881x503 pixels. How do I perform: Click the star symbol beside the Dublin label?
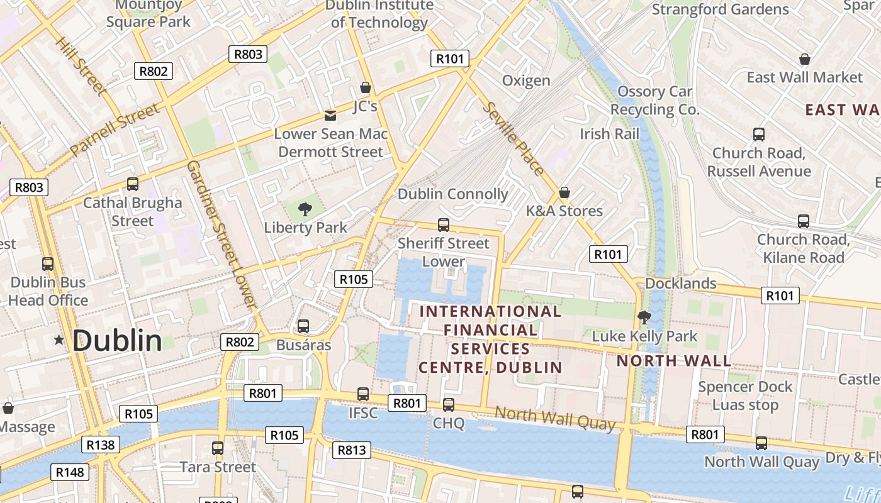pyautogui.click(x=59, y=340)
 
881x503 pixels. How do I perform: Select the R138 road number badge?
pyautogui.click(x=100, y=445)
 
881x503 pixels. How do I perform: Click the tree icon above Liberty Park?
pyautogui.click(x=305, y=209)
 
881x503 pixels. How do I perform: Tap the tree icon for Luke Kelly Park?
pyautogui.click(x=643, y=318)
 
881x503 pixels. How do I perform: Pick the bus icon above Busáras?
pyautogui.click(x=303, y=326)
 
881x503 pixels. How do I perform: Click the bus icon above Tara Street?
pyautogui.click(x=218, y=448)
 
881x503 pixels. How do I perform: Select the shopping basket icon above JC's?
pyautogui.click(x=365, y=87)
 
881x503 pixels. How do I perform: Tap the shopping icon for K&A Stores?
pyautogui.click(x=564, y=192)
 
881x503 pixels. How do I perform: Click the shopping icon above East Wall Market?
pyautogui.click(x=804, y=59)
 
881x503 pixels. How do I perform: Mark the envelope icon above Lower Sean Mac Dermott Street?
pyautogui.click(x=330, y=116)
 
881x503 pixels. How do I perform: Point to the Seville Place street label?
pyautogui.click(x=513, y=138)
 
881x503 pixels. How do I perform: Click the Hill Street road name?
pyautogui.click(x=81, y=66)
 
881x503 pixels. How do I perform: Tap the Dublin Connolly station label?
pyautogui.click(x=452, y=194)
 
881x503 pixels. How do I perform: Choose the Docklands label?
pyautogui.click(x=681, y=284)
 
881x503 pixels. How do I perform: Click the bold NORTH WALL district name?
pyautogui.click(x=673, y=361)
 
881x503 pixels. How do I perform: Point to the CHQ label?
pyautogui.click(x=449, y=423)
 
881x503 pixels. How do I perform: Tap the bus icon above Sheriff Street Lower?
pyautogui.click(x=444, y=224)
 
